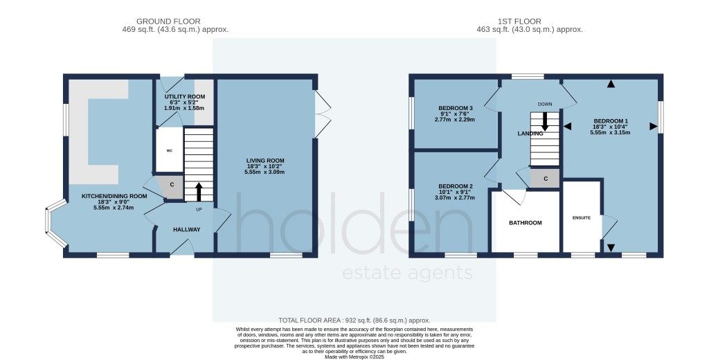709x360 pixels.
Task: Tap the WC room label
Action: [168, 150]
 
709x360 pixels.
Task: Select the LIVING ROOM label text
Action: [264, 163]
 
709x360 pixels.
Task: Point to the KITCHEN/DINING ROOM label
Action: [114, 196]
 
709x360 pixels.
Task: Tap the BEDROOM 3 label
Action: [456, 109]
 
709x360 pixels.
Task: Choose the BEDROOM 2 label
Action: [455, 186]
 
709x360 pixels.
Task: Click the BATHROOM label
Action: [525, 223]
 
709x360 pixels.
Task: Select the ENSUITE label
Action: [582, 218]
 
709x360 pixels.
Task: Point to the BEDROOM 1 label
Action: [610, 121]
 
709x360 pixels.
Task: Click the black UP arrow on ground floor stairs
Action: [199, 191]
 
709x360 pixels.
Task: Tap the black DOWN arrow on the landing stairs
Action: [545, 121]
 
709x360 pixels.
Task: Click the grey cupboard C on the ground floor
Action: [172, 185]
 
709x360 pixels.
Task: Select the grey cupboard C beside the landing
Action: [546, 179]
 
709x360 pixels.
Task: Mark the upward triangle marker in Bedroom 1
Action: [611, 84]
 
